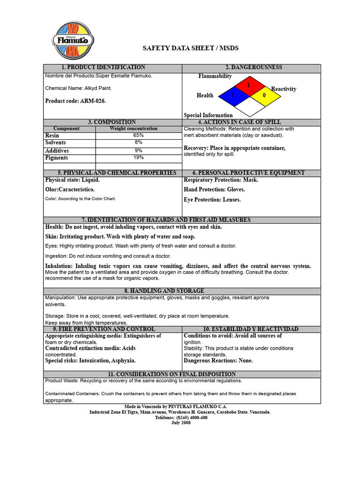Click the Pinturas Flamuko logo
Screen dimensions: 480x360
[x=73, y=41]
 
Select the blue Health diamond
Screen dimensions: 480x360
[x=232, y=96]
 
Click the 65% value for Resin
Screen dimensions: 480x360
[x=138, y=135]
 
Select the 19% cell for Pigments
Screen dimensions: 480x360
[x=138, y=158]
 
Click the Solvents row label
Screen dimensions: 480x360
[x=55, y=142]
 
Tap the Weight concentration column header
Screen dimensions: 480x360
[x=134, y=128]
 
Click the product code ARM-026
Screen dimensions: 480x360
[x=75, y=101]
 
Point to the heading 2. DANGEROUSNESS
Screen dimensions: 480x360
[x=250, y=67]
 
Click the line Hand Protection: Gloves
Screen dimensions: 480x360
[x=214, y=190]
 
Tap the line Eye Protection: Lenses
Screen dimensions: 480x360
[x=212, y=200]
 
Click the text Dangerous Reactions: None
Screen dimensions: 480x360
[x=218, y=361]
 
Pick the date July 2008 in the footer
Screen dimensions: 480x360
[x=181, y=423]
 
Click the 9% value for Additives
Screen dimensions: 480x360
[x=138, y=150]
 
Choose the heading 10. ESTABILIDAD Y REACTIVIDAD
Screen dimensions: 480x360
[x=250, y=330]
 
